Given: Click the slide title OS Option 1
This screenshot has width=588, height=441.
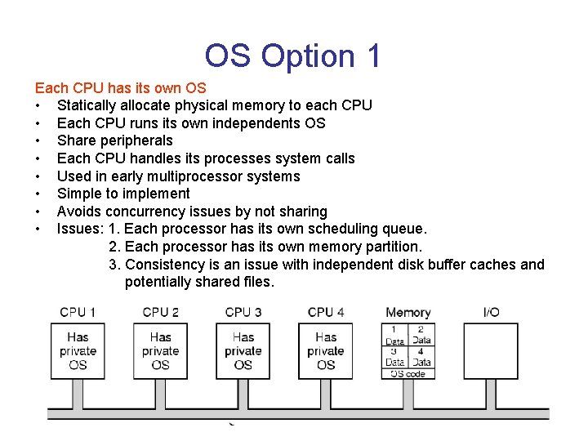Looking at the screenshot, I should (x=292, y=56).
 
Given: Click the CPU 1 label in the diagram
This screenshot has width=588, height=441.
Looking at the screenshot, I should (x=78, y=312).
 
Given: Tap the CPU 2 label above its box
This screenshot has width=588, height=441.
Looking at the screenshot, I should (x=160, y=312).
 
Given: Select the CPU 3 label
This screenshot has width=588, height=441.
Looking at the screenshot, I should (x=243, y=312).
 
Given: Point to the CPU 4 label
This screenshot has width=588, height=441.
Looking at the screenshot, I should (x=326, y=312).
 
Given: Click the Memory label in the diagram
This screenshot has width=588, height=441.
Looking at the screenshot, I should (x=408, y=312).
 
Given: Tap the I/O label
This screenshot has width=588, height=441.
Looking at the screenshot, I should (x=492, y=312).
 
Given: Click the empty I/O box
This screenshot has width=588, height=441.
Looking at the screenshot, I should (x=492, y=350).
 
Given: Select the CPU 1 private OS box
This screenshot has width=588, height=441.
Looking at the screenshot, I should (x=78, y=350).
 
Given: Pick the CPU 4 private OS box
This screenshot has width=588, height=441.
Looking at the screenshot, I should (x=326, y=350).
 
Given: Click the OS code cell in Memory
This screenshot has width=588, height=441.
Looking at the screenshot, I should (x=408, y=373).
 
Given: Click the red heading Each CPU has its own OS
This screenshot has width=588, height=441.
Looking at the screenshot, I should (x=120, y=87).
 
